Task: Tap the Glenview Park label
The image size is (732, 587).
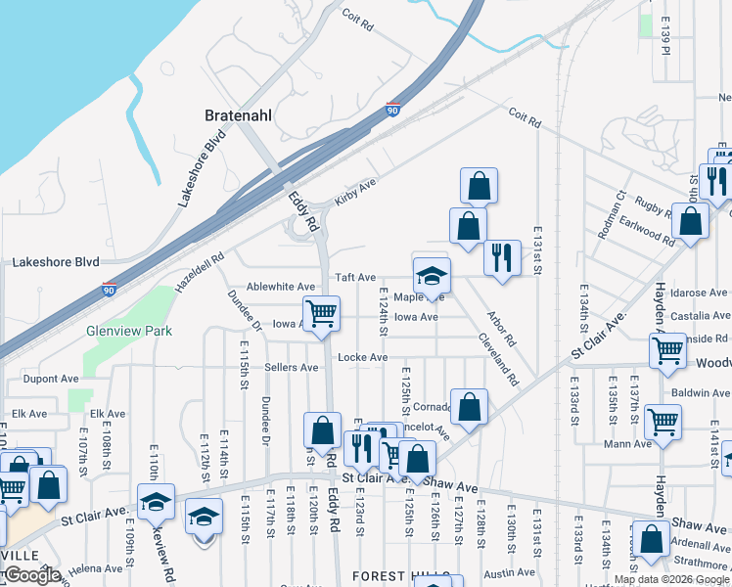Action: (x=129, y=331)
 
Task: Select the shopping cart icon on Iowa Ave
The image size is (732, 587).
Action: (x=321, y=314)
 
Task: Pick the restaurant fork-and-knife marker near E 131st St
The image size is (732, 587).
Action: (x=502, y=258)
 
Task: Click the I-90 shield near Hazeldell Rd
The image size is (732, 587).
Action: (x=109, y=291)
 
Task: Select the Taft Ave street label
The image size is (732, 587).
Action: (x=356, y=278)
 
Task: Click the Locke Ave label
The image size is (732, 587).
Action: (x=362, y=358)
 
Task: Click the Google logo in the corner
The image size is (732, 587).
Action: (x=31, y=576)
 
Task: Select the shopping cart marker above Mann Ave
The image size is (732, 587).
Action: (x=663, y=422)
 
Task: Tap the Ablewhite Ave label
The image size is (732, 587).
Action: (x=281, y=287)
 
